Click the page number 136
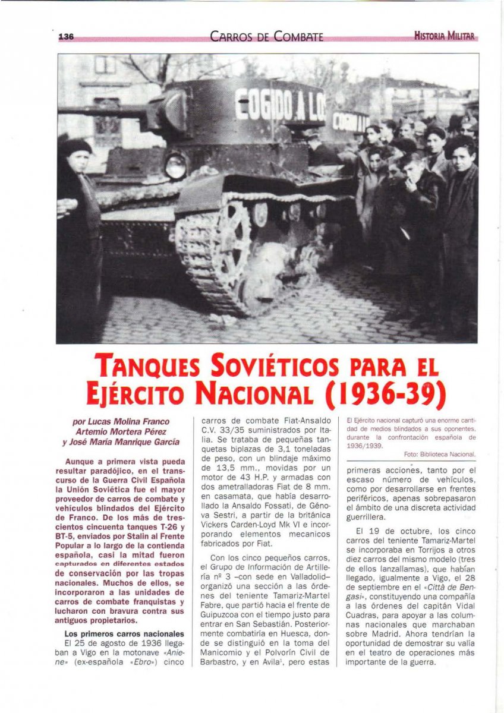click(65, 37)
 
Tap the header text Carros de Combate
click(266, 37)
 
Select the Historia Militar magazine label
click(445, 36)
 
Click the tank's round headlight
click(175, 168)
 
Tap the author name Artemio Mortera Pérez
click(122, 431)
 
